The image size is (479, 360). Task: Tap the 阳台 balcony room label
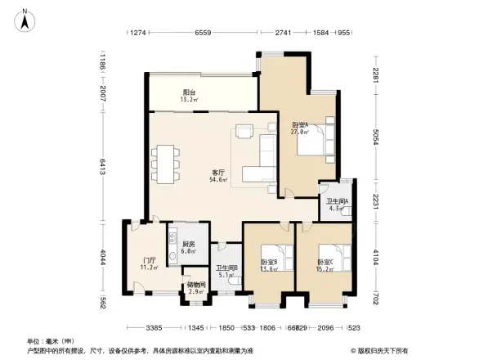click(x=189, y=97)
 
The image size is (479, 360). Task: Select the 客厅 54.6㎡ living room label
click(x=218, y=175)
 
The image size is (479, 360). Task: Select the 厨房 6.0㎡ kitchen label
click(x=188, y=248)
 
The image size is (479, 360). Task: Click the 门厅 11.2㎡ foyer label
click(x=137, y=263)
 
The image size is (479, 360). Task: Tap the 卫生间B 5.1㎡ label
click(x=226, y=272)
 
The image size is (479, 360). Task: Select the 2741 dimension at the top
click(x=283, y=33)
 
